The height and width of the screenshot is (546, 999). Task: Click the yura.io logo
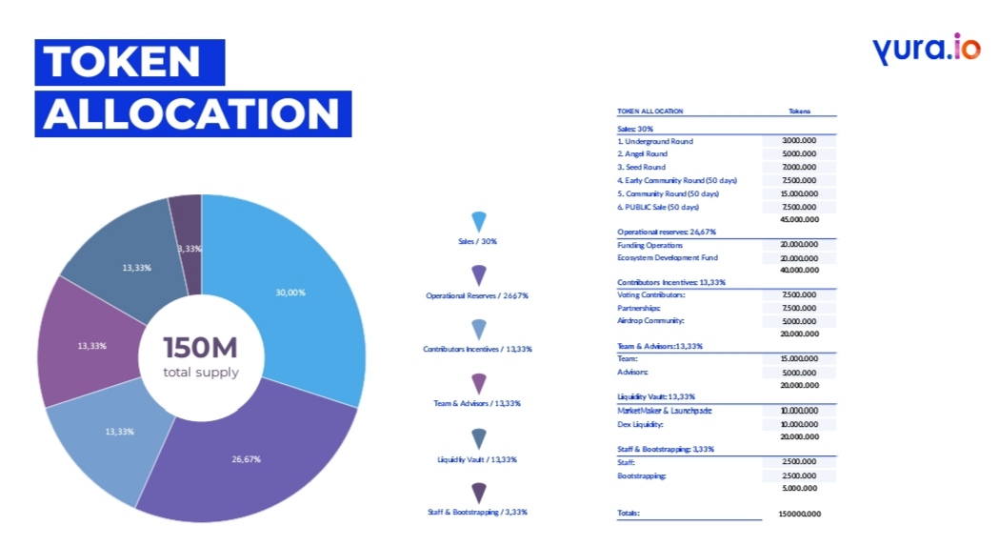point(925,48)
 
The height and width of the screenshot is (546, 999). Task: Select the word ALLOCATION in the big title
point(191,113)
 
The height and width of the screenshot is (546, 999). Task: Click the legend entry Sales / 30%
point(477,241)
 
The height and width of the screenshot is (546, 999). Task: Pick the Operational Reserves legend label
point(477,295)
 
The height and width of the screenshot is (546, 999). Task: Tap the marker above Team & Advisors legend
point(478,383)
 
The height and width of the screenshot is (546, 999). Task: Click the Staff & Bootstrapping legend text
point(477,512)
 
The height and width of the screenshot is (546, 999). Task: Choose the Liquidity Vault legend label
point(477,459)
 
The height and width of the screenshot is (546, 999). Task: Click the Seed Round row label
point(641,167)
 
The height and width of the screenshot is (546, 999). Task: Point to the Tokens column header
point(799,111)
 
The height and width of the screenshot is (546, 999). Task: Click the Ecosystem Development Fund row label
point(667,257)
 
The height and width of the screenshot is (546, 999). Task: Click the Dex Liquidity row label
point(639,424)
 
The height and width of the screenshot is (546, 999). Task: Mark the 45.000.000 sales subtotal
point(799,219)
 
